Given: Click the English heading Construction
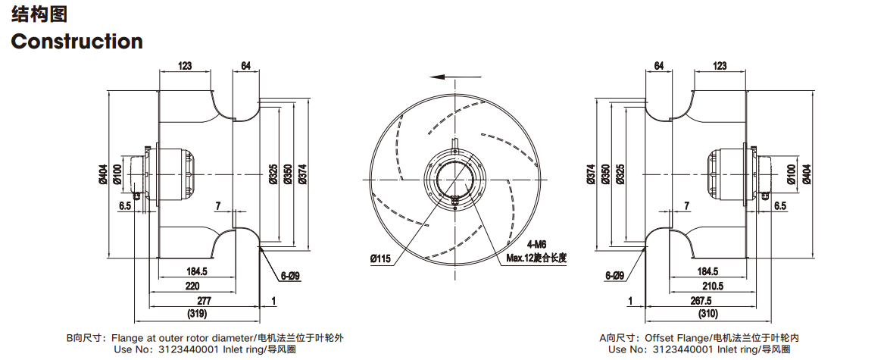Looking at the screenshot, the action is (77, 42).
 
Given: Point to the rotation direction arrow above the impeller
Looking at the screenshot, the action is (455, 77).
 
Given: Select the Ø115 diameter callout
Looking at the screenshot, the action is (381, 258).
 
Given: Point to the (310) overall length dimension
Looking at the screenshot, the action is (707, 314).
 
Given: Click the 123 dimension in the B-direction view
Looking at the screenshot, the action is (185, 66).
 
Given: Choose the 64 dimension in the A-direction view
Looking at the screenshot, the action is (659, 66).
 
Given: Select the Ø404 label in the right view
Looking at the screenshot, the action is (806, 174).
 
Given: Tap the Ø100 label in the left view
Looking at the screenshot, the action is (117, 174).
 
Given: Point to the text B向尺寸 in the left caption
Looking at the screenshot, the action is (86, 339).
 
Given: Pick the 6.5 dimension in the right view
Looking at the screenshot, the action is (780, 205).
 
